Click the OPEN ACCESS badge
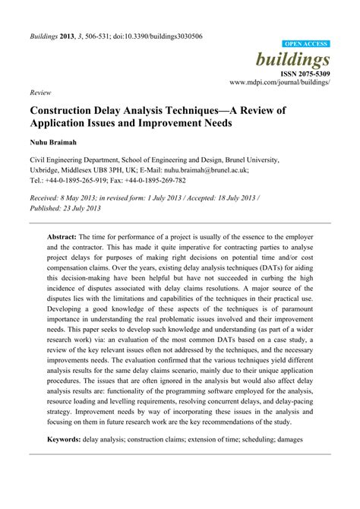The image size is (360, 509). pyautogui.click(x=306, y=45)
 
